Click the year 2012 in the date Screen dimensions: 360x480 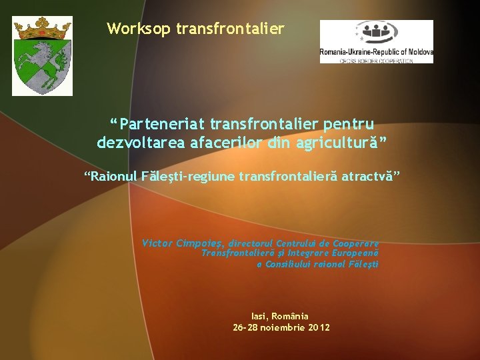click(318, 328)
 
